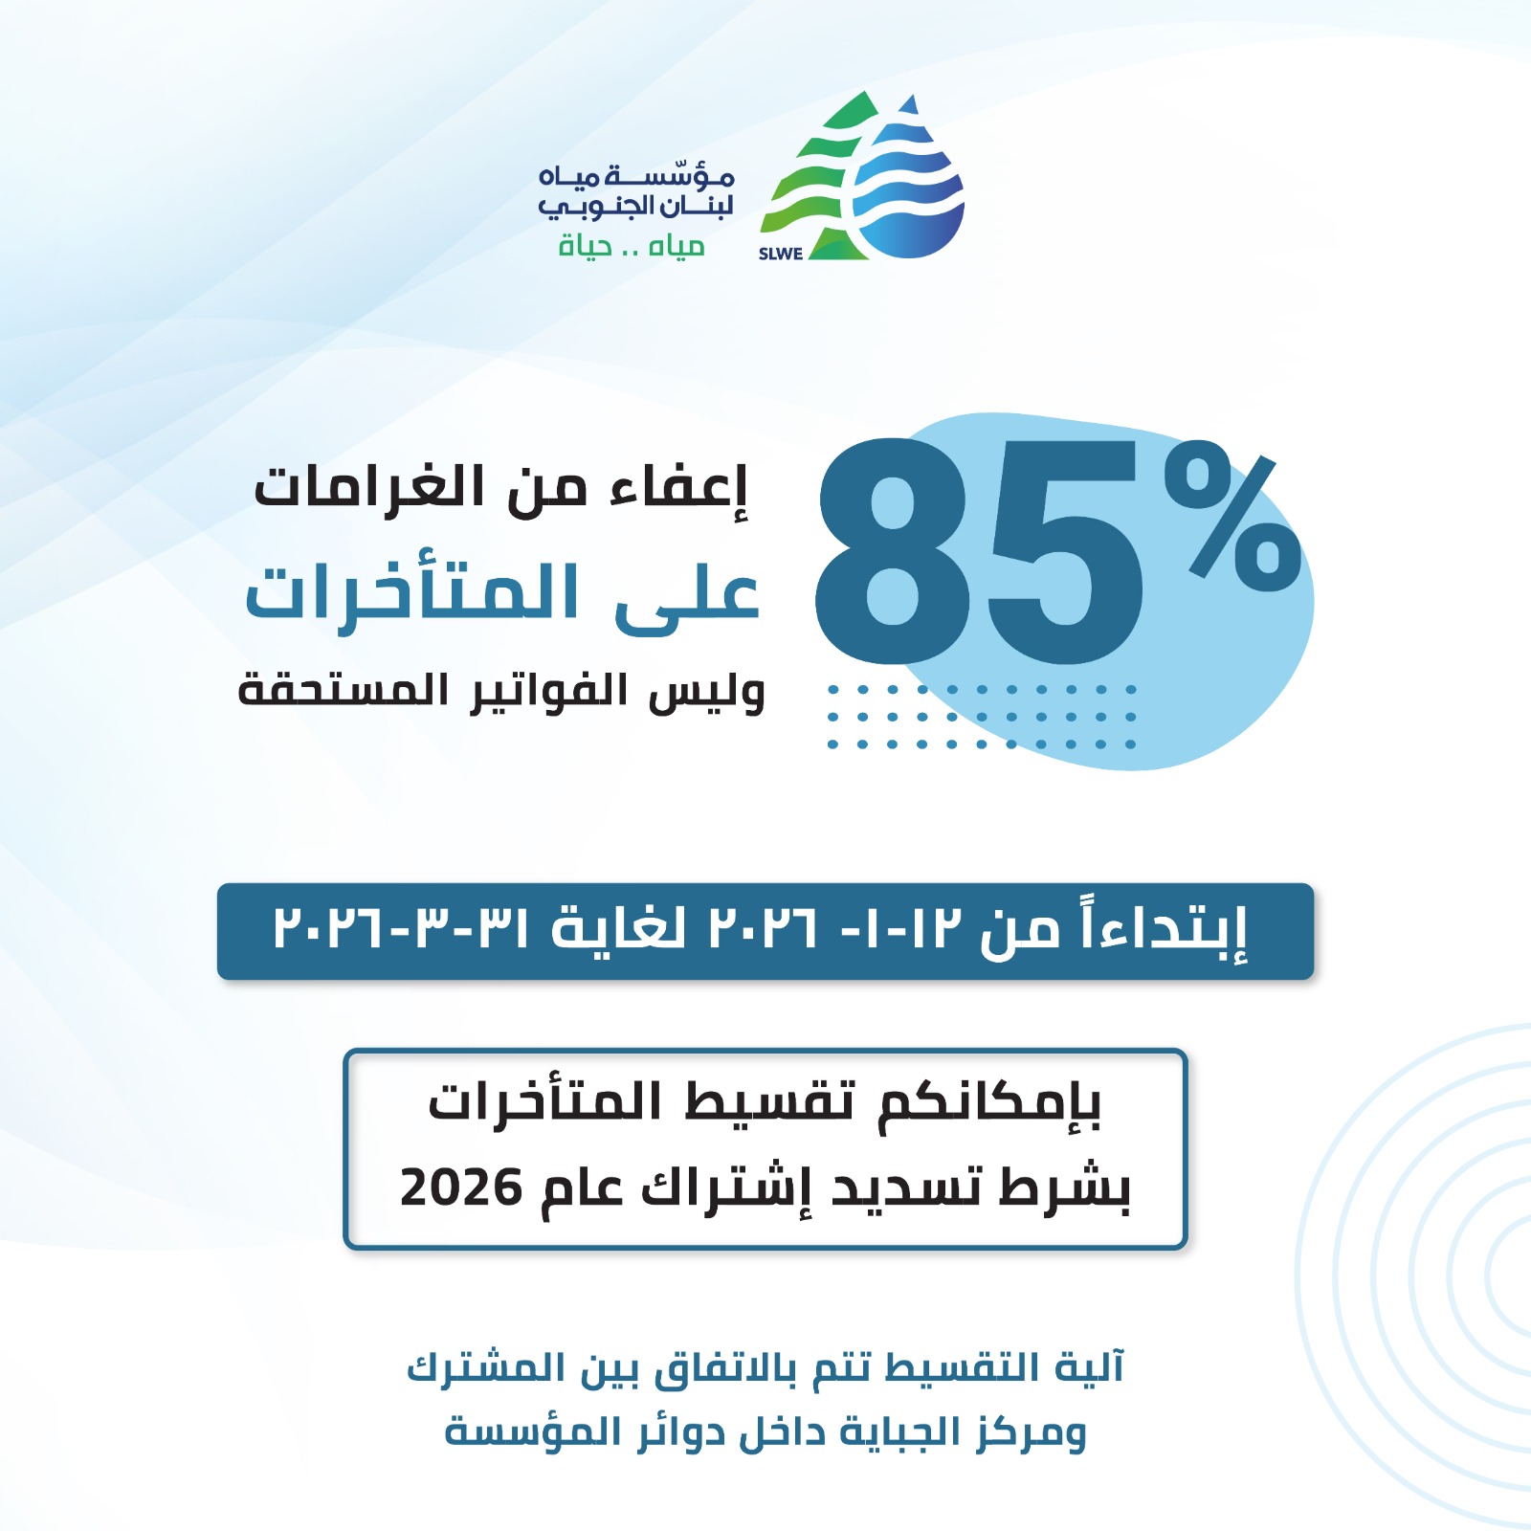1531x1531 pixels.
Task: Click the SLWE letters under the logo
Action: pyautogui.click(x=780, y=254)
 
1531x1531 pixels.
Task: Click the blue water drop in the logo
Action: pyautogui.click(x=909, y=191)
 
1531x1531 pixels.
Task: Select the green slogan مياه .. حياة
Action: pyautogui.click(x=632, y=247)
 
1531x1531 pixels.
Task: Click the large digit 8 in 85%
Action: pyautogui.click(x=892, y=552)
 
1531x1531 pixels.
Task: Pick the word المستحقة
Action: pyautogui.click(x=343, y=691)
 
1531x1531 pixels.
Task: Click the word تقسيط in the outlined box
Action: pyautogui.click(x=769, y=1102)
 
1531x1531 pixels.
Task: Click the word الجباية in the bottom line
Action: pyautogui.click(x=886, y=1432)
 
